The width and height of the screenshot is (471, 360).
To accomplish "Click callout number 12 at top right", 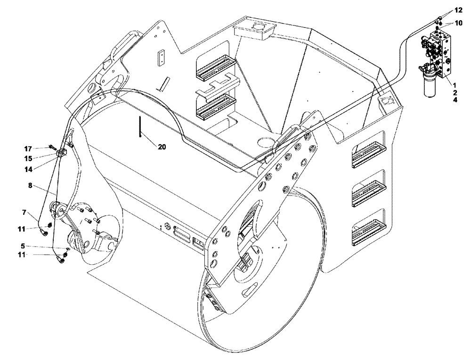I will pyautogui.click(x=459, y=10).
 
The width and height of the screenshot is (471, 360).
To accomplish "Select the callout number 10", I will pyautogui.click(x=459, y=23).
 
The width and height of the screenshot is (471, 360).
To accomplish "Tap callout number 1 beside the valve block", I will pyautogui.click(x=455, y=84).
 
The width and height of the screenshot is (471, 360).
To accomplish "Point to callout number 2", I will pyautogui.click(x=455, y=92).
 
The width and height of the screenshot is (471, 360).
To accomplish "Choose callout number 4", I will pyautogui.click(x=455, y=100).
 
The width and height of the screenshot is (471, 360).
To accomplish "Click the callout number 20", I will pyautogui.click(x=162, y=147).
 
